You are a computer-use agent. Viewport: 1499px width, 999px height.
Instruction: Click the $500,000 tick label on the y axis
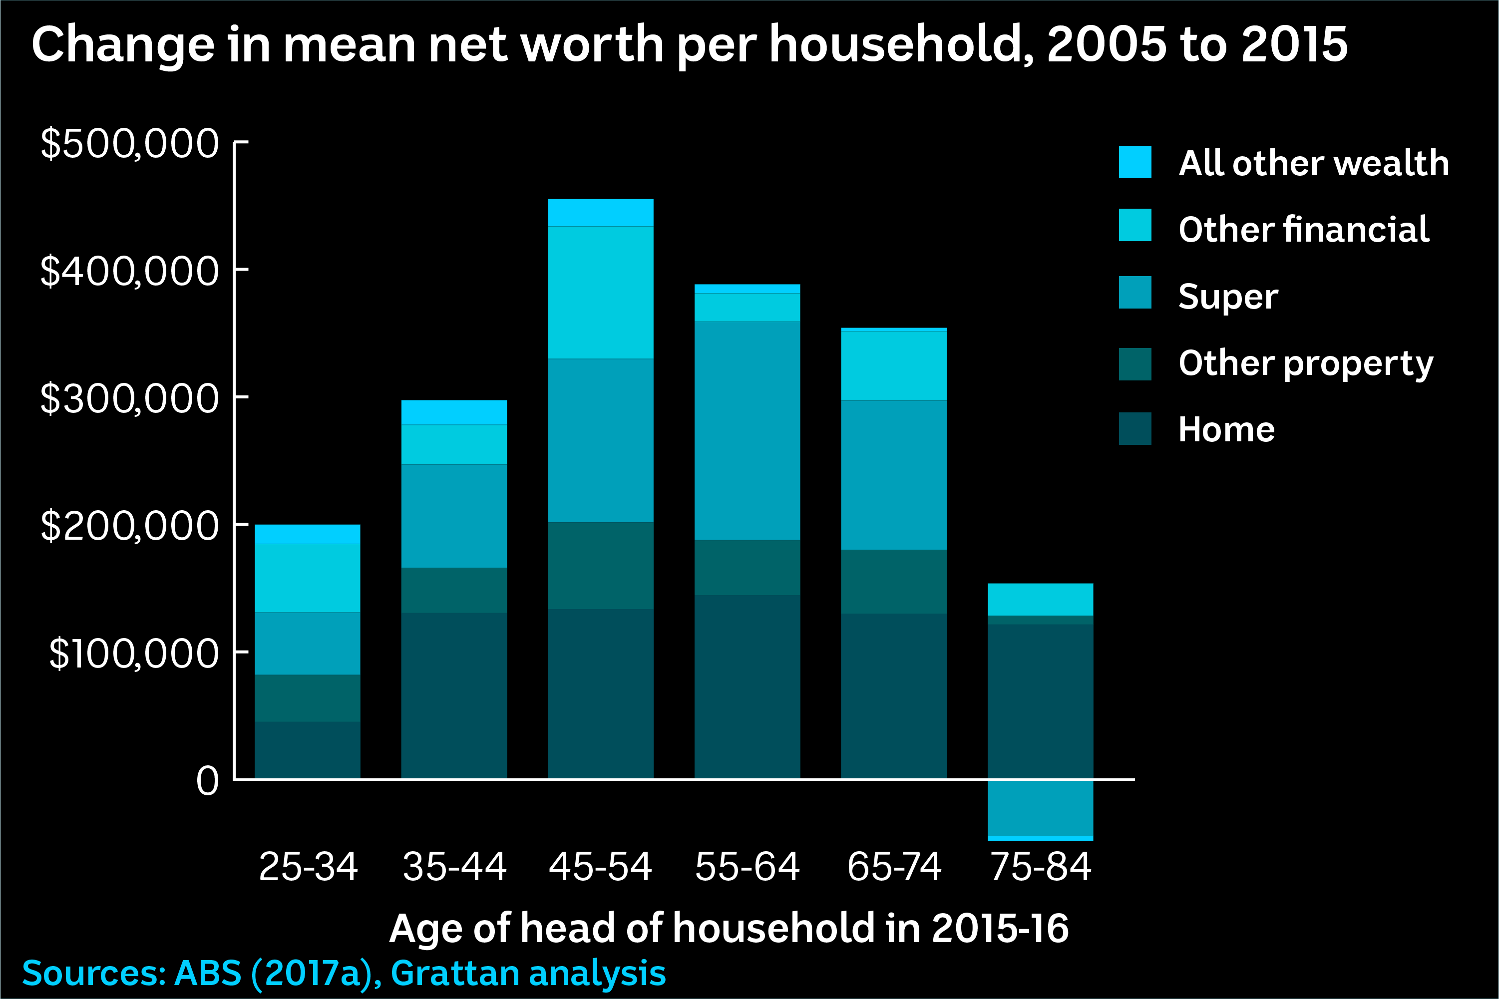point(129,143)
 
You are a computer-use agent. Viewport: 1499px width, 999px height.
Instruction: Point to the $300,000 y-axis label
point(129,399)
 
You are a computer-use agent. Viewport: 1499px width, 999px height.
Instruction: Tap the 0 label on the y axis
point(208,781)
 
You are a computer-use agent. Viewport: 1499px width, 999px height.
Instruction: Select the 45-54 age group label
point(600,867)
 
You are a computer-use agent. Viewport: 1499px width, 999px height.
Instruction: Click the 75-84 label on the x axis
point(1040,867)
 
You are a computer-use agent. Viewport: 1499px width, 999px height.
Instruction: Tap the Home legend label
point(1226,429)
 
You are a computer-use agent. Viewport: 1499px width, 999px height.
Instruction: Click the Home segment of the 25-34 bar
point(307,749)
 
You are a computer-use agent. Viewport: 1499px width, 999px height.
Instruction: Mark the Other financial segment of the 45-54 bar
point(600,293)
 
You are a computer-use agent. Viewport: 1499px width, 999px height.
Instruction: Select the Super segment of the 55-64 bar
point(747,431)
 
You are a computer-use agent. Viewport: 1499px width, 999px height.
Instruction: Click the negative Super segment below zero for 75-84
point(1040,807)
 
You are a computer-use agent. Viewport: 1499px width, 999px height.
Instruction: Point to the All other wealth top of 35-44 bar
point(453,412)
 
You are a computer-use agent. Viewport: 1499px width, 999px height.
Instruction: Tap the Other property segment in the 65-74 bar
point(893,582)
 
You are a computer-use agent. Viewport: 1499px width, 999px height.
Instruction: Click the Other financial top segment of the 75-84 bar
point(1040,599)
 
